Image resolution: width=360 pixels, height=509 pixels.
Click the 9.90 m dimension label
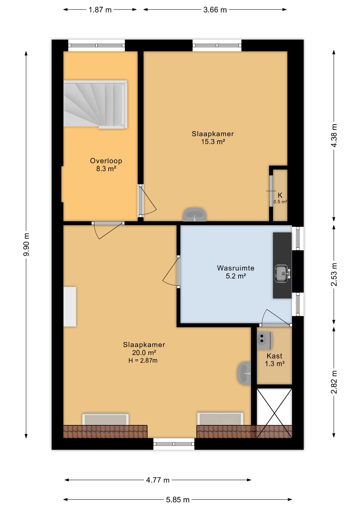pyautogui.click(x=26, y=244)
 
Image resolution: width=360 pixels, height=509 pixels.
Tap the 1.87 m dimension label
pyautogui.click(x=100, y=10)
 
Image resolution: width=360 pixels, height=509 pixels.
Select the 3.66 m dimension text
pyautogui.click(x=215, y=10)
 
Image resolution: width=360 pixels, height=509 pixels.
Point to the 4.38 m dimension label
pyautogui.click(x=334, y=135)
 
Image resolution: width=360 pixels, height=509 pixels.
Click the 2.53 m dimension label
pyautogui.click(x=334, y=274)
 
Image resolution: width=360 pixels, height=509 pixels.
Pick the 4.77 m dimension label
pyautogui.click(x=158, y=480)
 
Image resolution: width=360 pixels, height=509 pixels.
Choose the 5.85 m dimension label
pyautogui.click(x=178, y=500)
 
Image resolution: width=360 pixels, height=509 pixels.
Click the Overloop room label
pyautogui.click(x=106, y=161)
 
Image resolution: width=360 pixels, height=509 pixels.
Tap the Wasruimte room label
pyautogui.click(x=236, y=268)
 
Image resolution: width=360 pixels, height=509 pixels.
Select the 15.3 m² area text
pyautogui.click(x=213, y=142)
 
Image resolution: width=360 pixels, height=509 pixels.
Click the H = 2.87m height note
pyautogui.click(x=143, y=360)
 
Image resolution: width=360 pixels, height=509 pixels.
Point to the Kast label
pyautogui.click(x=274, y=356)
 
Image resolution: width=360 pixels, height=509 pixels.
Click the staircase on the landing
pyautogui.click(x=95, y=104)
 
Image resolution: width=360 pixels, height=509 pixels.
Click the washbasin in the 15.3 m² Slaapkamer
pyautogui.click(x=195, y=214)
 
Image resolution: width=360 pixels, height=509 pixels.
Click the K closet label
pyautogui.click(x=280, y=195)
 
